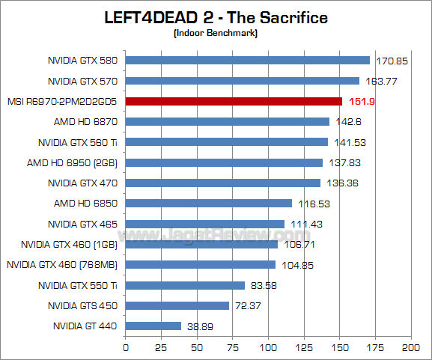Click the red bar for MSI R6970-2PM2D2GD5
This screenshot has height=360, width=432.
tap(233, 101)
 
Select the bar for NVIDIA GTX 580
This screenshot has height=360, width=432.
tap(247, 60)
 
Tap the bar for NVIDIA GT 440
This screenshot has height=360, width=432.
tap(153, 326)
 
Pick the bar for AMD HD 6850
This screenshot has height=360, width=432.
tap(208, 203)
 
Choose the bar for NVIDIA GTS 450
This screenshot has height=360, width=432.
tap(177, 305)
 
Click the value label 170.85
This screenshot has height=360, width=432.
tap(390, 61)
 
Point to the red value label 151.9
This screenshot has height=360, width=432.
tap(360, 102)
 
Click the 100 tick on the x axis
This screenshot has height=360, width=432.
tap(268, 347)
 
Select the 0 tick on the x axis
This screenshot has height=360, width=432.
tap(125, 347)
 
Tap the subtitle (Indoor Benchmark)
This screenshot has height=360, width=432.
tap(216, 34)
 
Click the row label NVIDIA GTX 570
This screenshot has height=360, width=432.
tap(83, 81)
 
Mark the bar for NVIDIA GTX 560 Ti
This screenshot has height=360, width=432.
tap(226, 141)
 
